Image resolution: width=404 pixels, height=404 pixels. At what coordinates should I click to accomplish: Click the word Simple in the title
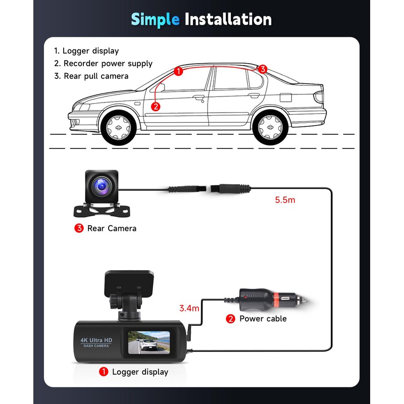[155, 19]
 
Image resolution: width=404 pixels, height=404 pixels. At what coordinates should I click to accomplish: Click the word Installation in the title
[228, 19]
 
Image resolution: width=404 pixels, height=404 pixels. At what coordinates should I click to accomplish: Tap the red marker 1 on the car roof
[178, 71]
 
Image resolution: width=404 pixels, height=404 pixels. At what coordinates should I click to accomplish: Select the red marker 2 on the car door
[156, 106]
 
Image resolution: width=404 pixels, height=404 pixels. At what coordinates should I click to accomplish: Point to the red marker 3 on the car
[262, 69]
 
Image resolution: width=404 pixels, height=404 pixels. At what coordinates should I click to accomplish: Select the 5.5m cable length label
[285, 199]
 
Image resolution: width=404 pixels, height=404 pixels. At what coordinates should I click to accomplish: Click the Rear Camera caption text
[112, 228]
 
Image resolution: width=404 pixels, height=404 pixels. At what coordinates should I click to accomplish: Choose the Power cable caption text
[263, 319]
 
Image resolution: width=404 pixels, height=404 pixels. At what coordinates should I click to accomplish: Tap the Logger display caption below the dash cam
[140, 372]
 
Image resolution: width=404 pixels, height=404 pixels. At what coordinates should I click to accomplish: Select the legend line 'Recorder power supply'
[108, 64]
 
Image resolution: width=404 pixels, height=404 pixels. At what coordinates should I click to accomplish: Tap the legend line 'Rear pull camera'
[95, 76]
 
